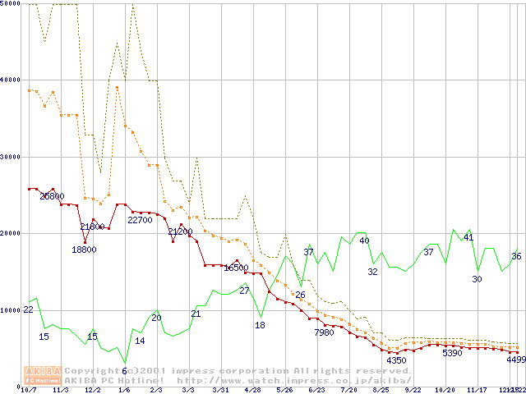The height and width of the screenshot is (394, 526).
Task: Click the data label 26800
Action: coord(52,196)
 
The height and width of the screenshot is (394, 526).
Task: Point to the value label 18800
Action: coord(84,250)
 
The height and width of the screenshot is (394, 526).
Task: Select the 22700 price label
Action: coord(140,220)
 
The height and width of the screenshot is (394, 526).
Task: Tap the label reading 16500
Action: coord(236,268)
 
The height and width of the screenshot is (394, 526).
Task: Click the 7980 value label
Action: coord(325,332)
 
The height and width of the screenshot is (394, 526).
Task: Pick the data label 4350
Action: coord(397,360)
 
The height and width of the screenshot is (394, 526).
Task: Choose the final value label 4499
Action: coord(516,359)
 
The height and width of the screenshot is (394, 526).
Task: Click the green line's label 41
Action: coord(468,237)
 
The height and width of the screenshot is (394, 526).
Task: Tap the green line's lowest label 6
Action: coord(124,371)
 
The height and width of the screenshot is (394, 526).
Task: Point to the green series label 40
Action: coord(364,241)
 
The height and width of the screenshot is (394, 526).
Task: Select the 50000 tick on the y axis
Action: coord(12,4)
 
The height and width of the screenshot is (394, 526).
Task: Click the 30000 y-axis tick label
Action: coord(12,157)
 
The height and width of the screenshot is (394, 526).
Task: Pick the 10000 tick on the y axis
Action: coord(12,310)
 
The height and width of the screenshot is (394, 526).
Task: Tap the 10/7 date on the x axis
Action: coord(29,390)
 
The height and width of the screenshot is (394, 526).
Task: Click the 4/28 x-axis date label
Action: coord(253,390)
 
